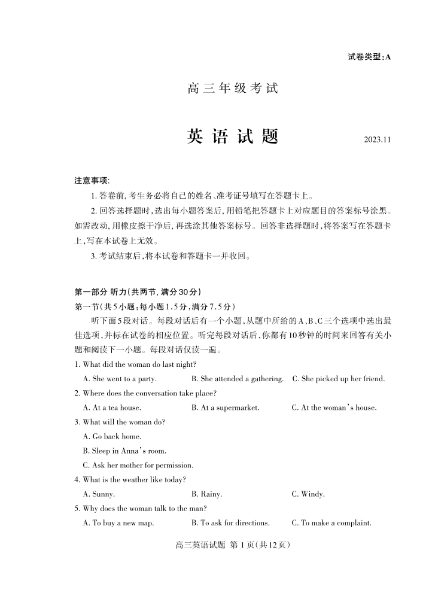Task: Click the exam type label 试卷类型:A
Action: point(369,57)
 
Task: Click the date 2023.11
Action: point(377,140)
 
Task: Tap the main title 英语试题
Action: point(233,137)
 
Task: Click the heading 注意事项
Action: point(92,181)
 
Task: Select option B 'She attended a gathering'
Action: point(238,379)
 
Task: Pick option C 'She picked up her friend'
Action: point(338,379)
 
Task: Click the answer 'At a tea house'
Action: point(112,408)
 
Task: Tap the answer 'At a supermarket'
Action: point(226,408)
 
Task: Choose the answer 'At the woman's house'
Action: point(334,408)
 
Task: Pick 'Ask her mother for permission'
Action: point(138,465)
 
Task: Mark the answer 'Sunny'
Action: point(99,494)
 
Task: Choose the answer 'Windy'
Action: point(308,494)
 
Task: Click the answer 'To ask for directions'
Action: point(230,523)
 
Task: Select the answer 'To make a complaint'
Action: point(331,523)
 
